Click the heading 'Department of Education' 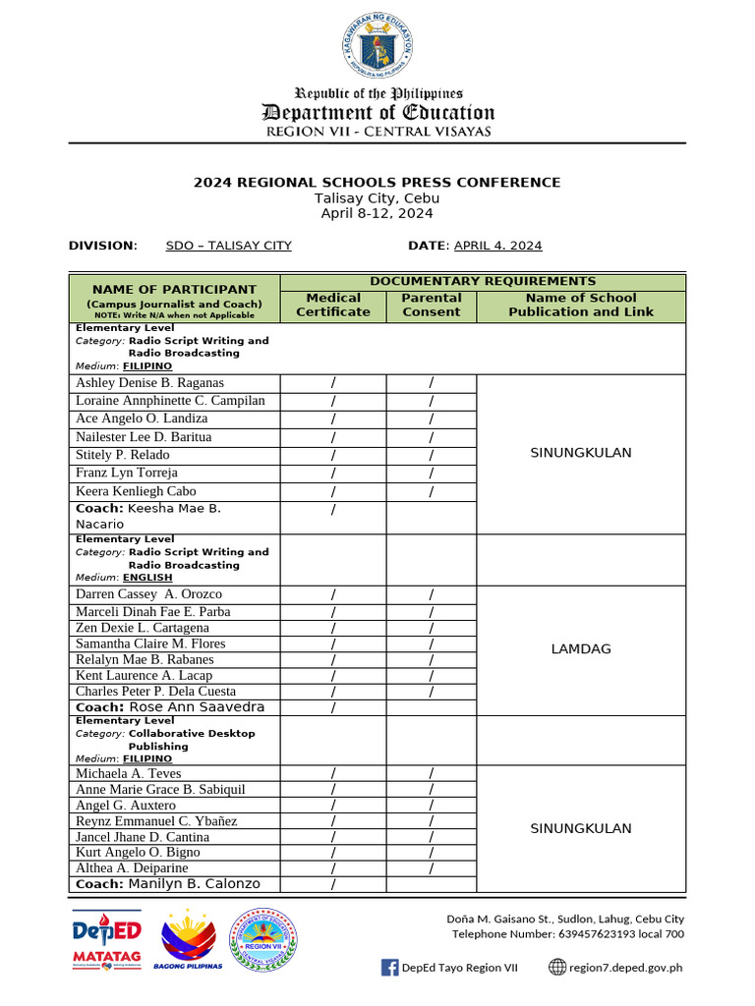[377, 112]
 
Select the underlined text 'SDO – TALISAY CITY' [228, 246]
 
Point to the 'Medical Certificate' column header [333, 305]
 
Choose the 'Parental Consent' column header [432, 305]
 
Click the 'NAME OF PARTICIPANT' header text [174, 290]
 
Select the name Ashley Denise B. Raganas [149, 383]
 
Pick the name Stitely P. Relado [122, 455]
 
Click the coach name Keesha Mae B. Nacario [147, 516]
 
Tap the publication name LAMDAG [581, 649]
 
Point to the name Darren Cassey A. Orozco [148, 594]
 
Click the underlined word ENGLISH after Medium [147, 578]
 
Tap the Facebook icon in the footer [389, 967]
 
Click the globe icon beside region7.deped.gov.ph [557, 967]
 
